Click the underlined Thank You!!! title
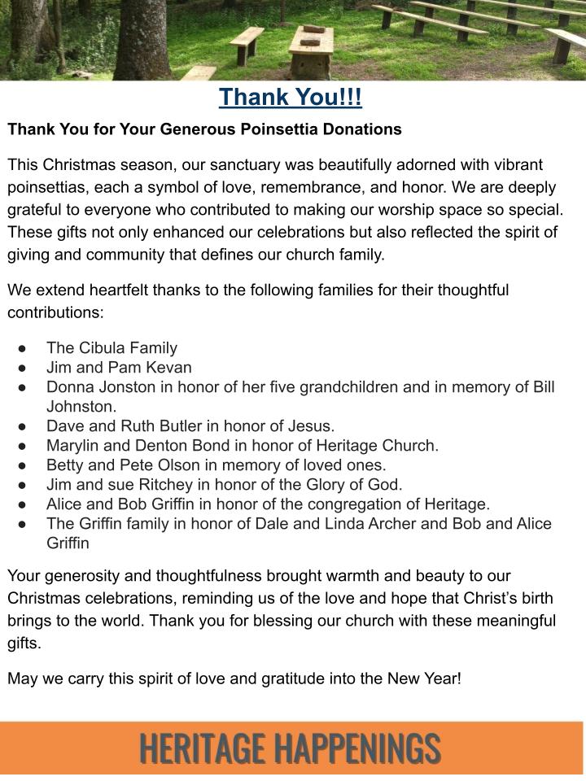[x=291, y=98]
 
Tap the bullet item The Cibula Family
[x=112, y=348]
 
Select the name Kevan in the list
[x=170, y=367]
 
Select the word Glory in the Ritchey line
[x=304, y=484]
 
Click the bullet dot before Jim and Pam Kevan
[x=22, y=368]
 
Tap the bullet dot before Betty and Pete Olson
[x=22, y=465]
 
